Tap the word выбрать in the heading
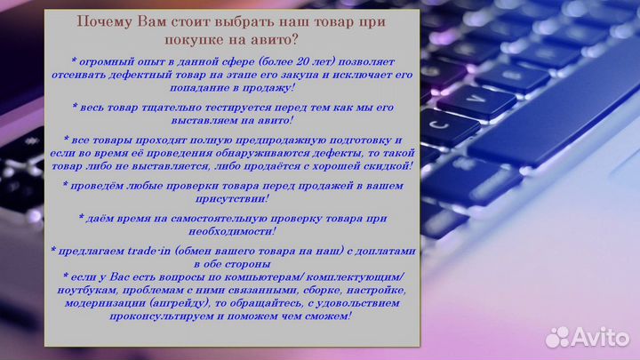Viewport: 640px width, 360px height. point(214,21)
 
